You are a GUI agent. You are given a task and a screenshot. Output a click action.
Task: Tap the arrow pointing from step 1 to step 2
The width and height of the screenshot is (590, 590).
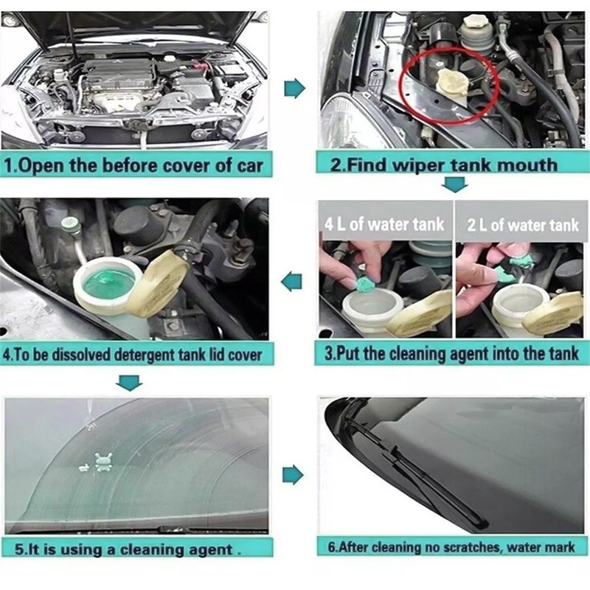[x=294, y=88]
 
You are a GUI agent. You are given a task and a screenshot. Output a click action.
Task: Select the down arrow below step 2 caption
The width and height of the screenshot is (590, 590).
[x=454, y=184]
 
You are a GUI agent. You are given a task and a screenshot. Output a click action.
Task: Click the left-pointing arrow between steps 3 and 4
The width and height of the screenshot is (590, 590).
[x=291, y=282]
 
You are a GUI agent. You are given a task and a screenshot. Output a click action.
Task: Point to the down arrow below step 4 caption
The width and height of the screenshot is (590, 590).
[x=129, y=383]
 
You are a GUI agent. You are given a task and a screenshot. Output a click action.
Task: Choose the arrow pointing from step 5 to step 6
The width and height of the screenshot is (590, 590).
[x=293, y=475]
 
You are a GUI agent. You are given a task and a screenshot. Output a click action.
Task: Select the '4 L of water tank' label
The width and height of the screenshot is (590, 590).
[x=384, y=224]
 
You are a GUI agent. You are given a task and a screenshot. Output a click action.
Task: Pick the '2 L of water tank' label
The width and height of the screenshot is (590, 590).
[x=523, y=225]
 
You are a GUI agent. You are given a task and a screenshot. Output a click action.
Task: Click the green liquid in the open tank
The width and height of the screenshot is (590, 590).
[x=108, y=285]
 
